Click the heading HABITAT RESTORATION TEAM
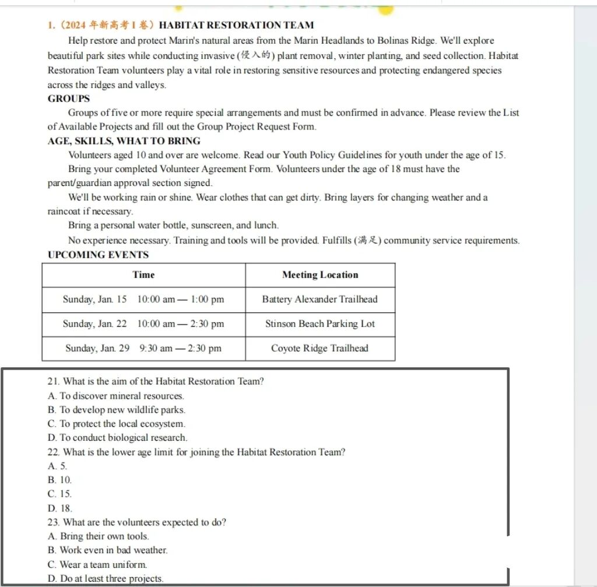236,25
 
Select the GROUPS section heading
69,99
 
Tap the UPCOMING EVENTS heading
98,255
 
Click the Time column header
143,275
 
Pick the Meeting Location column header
320,275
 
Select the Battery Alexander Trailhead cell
320,299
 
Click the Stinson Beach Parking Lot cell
320,324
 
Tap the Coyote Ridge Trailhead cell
320,348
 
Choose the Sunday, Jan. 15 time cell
143,299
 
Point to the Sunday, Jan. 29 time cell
143,348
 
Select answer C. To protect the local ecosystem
117,424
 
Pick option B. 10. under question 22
60,480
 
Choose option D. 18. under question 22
60,508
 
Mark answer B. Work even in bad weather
108,550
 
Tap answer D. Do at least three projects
106,578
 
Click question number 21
54,382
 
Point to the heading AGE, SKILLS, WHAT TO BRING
124,140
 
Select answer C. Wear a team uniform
97,564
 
